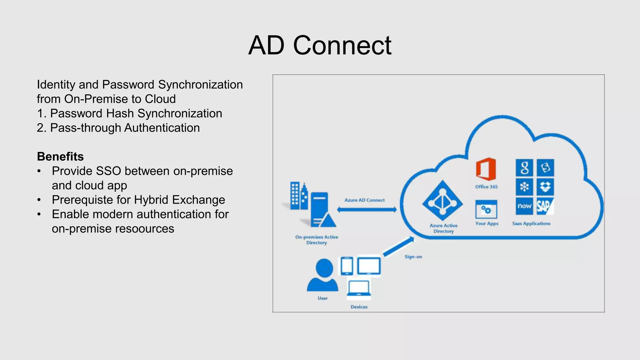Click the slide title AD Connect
[x=320, y=46]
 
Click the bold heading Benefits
[x=60, y=157]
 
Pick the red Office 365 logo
[x=486, y=169]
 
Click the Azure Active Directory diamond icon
[x=442, y=200]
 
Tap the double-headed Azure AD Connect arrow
[x=367, y=210]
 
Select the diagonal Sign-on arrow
[x=399, y=247]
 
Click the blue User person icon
[x=323, y=275]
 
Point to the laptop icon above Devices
[x=359, y=288]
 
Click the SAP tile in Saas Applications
[x=545, y=206]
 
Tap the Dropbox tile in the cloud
[x=545, y=187]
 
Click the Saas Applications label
[x=531, y=223]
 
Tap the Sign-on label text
[x=413, y=257]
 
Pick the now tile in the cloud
[x=524, y=206]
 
